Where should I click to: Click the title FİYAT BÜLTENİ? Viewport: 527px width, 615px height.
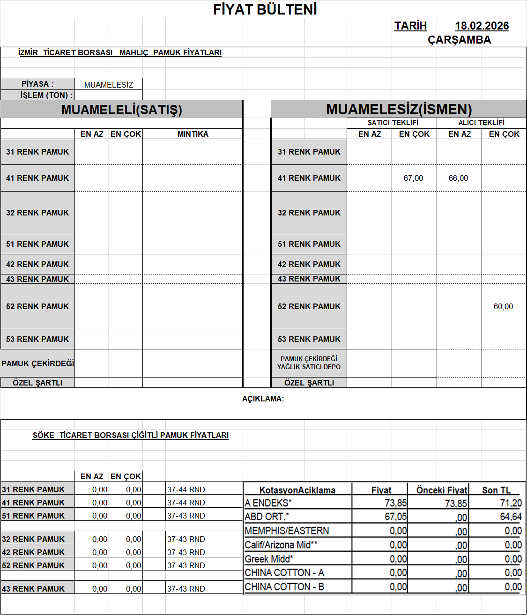click(265, 9)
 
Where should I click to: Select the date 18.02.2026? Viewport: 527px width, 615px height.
click(482, 26)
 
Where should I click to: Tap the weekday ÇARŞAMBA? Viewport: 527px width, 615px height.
click(459, 40)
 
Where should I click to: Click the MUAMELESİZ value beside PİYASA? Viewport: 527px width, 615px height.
click(109, 85)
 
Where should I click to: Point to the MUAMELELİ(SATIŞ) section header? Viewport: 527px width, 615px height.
click(121, 110)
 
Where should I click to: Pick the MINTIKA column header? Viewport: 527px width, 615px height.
click(193, 134)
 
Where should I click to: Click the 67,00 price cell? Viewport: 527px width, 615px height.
click(413, 178)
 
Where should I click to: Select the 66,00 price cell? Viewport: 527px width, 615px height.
click(458, 178)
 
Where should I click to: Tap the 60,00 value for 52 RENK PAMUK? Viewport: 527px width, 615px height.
click(503, 306)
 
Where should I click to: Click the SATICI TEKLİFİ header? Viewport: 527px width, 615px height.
click(393, 123)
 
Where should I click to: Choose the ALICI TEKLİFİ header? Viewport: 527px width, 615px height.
click(481, 123)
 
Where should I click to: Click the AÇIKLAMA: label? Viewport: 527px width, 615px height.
click(263, 399)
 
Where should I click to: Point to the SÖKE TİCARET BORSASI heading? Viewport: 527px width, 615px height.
click(130, 435)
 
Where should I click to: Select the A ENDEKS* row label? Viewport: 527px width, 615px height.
click(268, 503)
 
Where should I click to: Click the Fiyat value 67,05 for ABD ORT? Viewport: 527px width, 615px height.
click(396, 517)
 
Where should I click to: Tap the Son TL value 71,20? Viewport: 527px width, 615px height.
click(511, 503)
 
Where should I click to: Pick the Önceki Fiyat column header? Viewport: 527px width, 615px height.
click(442, 490)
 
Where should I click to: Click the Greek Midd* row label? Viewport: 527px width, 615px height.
click(269, 559)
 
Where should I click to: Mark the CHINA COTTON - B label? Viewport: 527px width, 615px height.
click(284, 587)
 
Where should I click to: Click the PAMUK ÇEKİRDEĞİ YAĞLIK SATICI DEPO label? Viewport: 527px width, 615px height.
click(309, 363)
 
